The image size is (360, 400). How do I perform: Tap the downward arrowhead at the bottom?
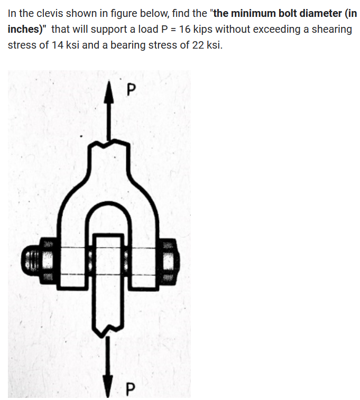point(110,380)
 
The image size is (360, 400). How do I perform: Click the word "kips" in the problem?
point(204,29)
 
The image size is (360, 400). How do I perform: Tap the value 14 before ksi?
point(58,45)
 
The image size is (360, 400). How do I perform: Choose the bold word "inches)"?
point(25,29)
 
